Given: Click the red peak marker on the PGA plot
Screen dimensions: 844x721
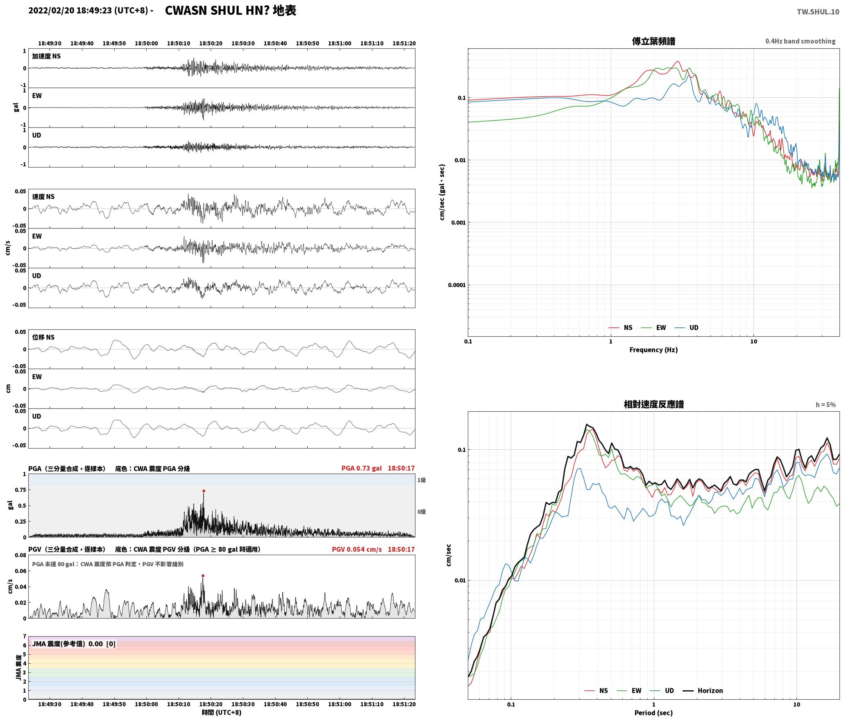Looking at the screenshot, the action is coord(204,491).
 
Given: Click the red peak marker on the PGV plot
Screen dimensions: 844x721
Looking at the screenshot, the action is coord(203,576).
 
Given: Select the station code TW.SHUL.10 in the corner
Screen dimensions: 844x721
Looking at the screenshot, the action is coord(818,12).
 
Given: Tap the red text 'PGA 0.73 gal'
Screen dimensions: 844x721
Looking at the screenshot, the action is coord(361,468).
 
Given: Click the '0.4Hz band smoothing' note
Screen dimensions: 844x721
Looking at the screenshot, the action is coord(800,41).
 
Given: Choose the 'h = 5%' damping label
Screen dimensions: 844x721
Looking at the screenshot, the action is coord(826,405).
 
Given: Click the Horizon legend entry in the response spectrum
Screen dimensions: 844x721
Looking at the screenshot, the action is coord(703,691).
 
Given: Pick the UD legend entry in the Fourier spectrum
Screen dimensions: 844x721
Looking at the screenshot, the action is coord(687,328).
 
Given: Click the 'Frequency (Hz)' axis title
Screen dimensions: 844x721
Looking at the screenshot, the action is coord(653,350).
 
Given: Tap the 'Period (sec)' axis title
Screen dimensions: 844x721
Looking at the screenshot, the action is coord(653,713).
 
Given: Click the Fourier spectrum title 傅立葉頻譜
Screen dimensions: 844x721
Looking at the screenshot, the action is coord(653,41).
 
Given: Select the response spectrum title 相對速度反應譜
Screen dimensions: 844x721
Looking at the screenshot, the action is coord(653,404).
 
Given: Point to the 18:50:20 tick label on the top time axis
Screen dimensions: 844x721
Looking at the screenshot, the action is coord(211,43).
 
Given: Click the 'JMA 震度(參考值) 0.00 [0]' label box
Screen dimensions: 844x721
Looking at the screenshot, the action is coord(74,644).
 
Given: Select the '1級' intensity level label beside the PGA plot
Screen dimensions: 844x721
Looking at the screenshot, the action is coord(422,480).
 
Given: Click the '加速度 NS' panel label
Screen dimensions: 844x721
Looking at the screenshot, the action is coord(46,56).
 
